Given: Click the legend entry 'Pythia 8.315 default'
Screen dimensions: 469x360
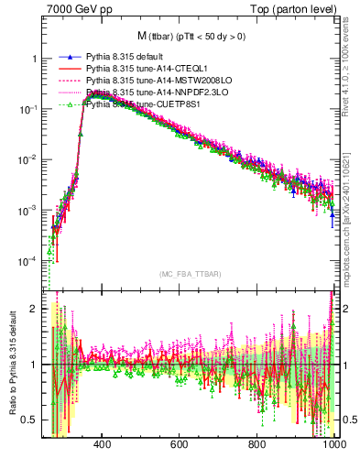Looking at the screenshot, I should (x=127, y=57).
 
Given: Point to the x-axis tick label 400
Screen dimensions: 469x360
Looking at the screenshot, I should (x=102, y=443).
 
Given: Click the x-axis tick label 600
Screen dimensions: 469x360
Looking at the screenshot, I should (x=180, y=443).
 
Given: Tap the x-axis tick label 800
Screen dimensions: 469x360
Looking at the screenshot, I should (x=257, y=443).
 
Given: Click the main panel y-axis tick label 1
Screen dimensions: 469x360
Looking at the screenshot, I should (x=34, y=59).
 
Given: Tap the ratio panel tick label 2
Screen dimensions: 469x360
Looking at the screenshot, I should (x=34, y=309).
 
